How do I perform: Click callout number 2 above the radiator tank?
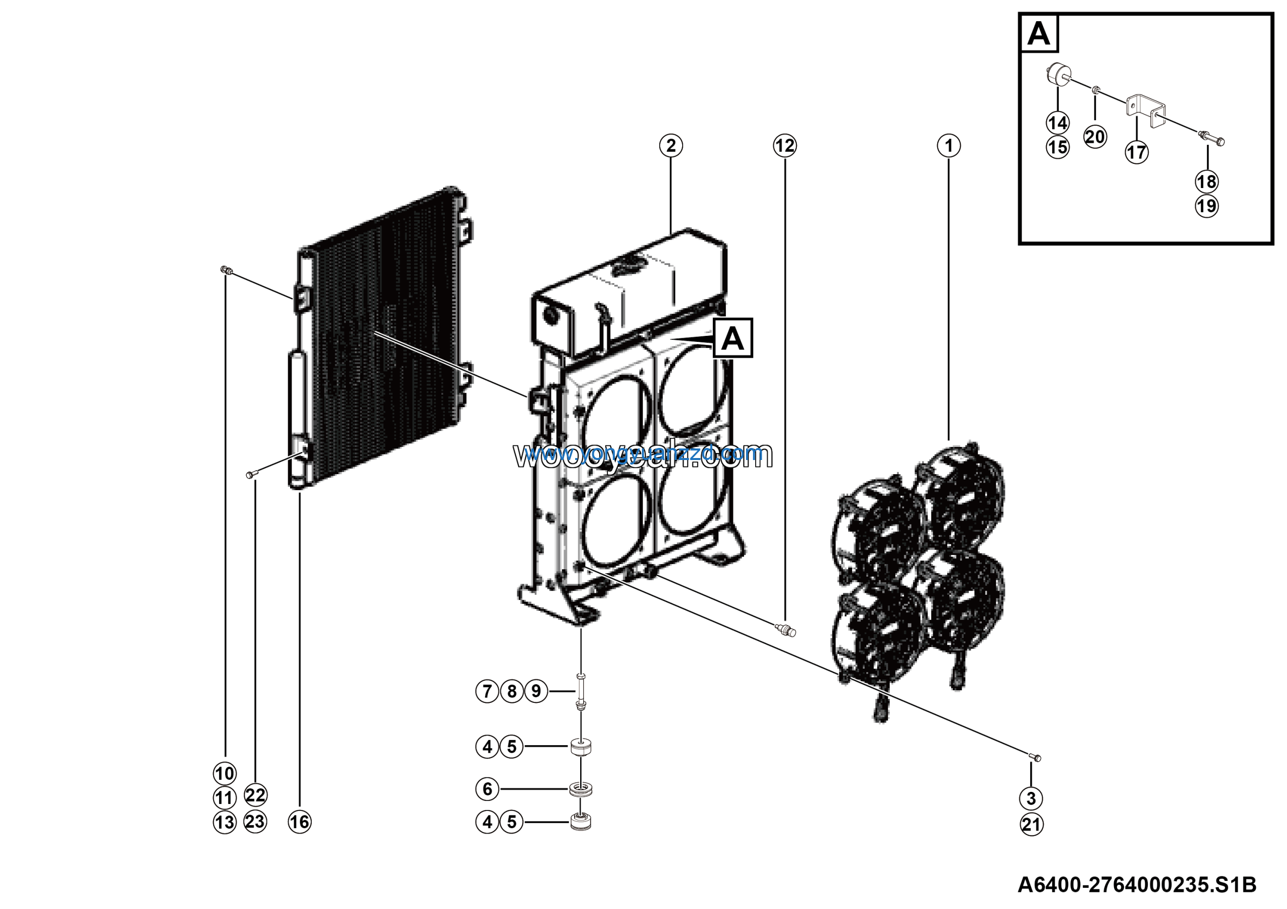tap(671, 146)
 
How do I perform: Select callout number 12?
tap(785, 146)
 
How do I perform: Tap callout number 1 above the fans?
tap(949, 146)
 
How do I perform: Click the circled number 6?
tap(487, 789)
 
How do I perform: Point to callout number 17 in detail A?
tap(1136, 152)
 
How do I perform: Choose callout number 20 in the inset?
tap(1095, 137)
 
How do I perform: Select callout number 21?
tap(1032, 825)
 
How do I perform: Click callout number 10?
tap(225, 773)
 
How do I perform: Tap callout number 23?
tap(255, 822)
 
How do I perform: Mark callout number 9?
tap(536, 691)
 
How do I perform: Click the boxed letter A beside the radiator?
tap(732, 338)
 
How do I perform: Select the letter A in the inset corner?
tap(1039, 34)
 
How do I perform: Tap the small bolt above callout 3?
tap(1035, 758)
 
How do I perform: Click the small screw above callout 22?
tap(250, 475)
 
